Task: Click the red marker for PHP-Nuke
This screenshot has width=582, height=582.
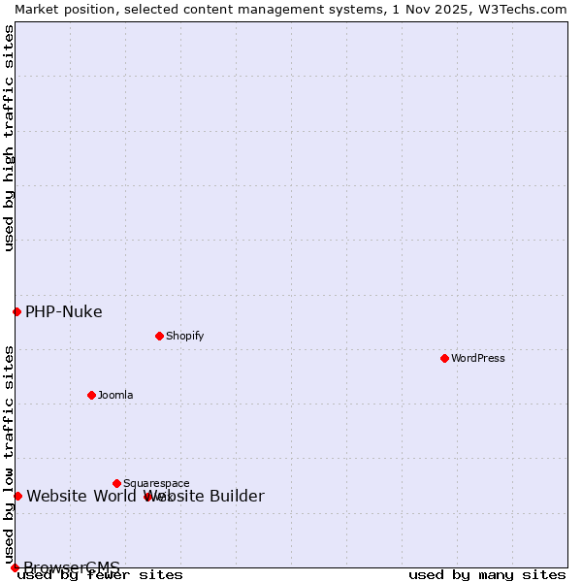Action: point(16,311)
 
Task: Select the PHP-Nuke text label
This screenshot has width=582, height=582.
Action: point(63,311)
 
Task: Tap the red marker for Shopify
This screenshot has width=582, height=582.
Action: point(159,336)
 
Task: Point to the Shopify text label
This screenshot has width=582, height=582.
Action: point(184,336)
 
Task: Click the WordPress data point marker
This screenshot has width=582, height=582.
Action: point(444,358)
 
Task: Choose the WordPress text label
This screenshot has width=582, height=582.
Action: point(478,358)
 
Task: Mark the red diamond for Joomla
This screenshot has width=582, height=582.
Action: point(91,395)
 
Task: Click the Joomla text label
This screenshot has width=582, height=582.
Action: point(115,395)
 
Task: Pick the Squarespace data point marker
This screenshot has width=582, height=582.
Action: point(116,483)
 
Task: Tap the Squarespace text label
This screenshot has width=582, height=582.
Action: point(156,483)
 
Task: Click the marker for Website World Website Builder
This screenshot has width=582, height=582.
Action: point(17,496)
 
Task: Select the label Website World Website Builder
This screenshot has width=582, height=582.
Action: point(145,497)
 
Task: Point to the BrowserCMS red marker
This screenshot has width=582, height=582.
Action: point(15,567)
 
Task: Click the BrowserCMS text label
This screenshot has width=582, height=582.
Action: point(72,567)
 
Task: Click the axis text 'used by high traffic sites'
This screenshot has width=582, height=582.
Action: point(9,138)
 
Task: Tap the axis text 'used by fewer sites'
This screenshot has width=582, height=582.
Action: point(100,575)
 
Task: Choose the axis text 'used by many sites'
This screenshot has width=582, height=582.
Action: point(487,575)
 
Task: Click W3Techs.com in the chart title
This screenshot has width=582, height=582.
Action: point(524,9)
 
